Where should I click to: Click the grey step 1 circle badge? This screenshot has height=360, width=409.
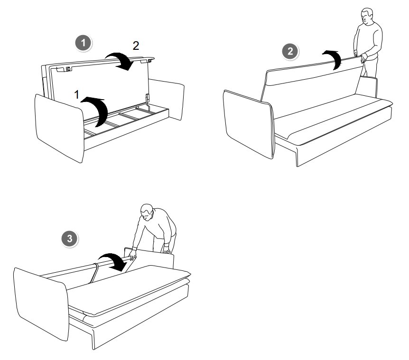tap(84, 43)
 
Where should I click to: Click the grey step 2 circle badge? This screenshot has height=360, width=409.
tap(290, 51)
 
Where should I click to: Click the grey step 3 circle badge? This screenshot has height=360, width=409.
tap(70, 239)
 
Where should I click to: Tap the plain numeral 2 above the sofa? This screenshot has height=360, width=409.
tap(136, 46)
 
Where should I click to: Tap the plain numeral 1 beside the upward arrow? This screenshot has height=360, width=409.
tap(76, 95)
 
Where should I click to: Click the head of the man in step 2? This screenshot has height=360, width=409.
tap(366, 16)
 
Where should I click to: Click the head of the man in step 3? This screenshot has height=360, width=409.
tap(147, 212)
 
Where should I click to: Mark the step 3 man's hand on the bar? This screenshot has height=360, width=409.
tap(133, 254)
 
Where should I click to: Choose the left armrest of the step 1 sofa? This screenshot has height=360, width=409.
tap(60, 128)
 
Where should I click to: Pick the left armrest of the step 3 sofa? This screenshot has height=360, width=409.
tap(42, 304)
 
